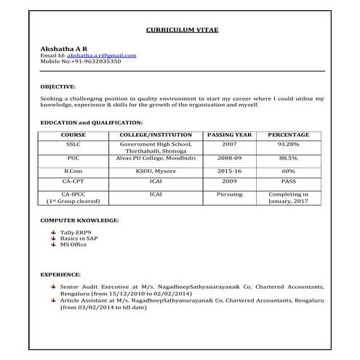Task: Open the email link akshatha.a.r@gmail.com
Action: [x=101, y=55]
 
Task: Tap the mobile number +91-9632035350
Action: [x=91, y=62]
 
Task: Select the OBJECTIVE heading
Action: [x=57, y=86]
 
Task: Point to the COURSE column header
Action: [x=73, y=135]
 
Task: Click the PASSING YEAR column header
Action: [x=229, y=135]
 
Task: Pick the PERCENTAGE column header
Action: [x=288, y=135]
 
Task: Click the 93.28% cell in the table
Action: [x=288, y=144]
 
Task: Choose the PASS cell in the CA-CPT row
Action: [x=288, y=180]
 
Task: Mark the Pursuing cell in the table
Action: [x=229, y=194]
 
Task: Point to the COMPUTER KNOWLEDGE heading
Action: [x=80, y=219]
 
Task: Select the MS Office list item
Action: [x=73, y=244]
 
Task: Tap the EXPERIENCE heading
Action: [x=60, y=276]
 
